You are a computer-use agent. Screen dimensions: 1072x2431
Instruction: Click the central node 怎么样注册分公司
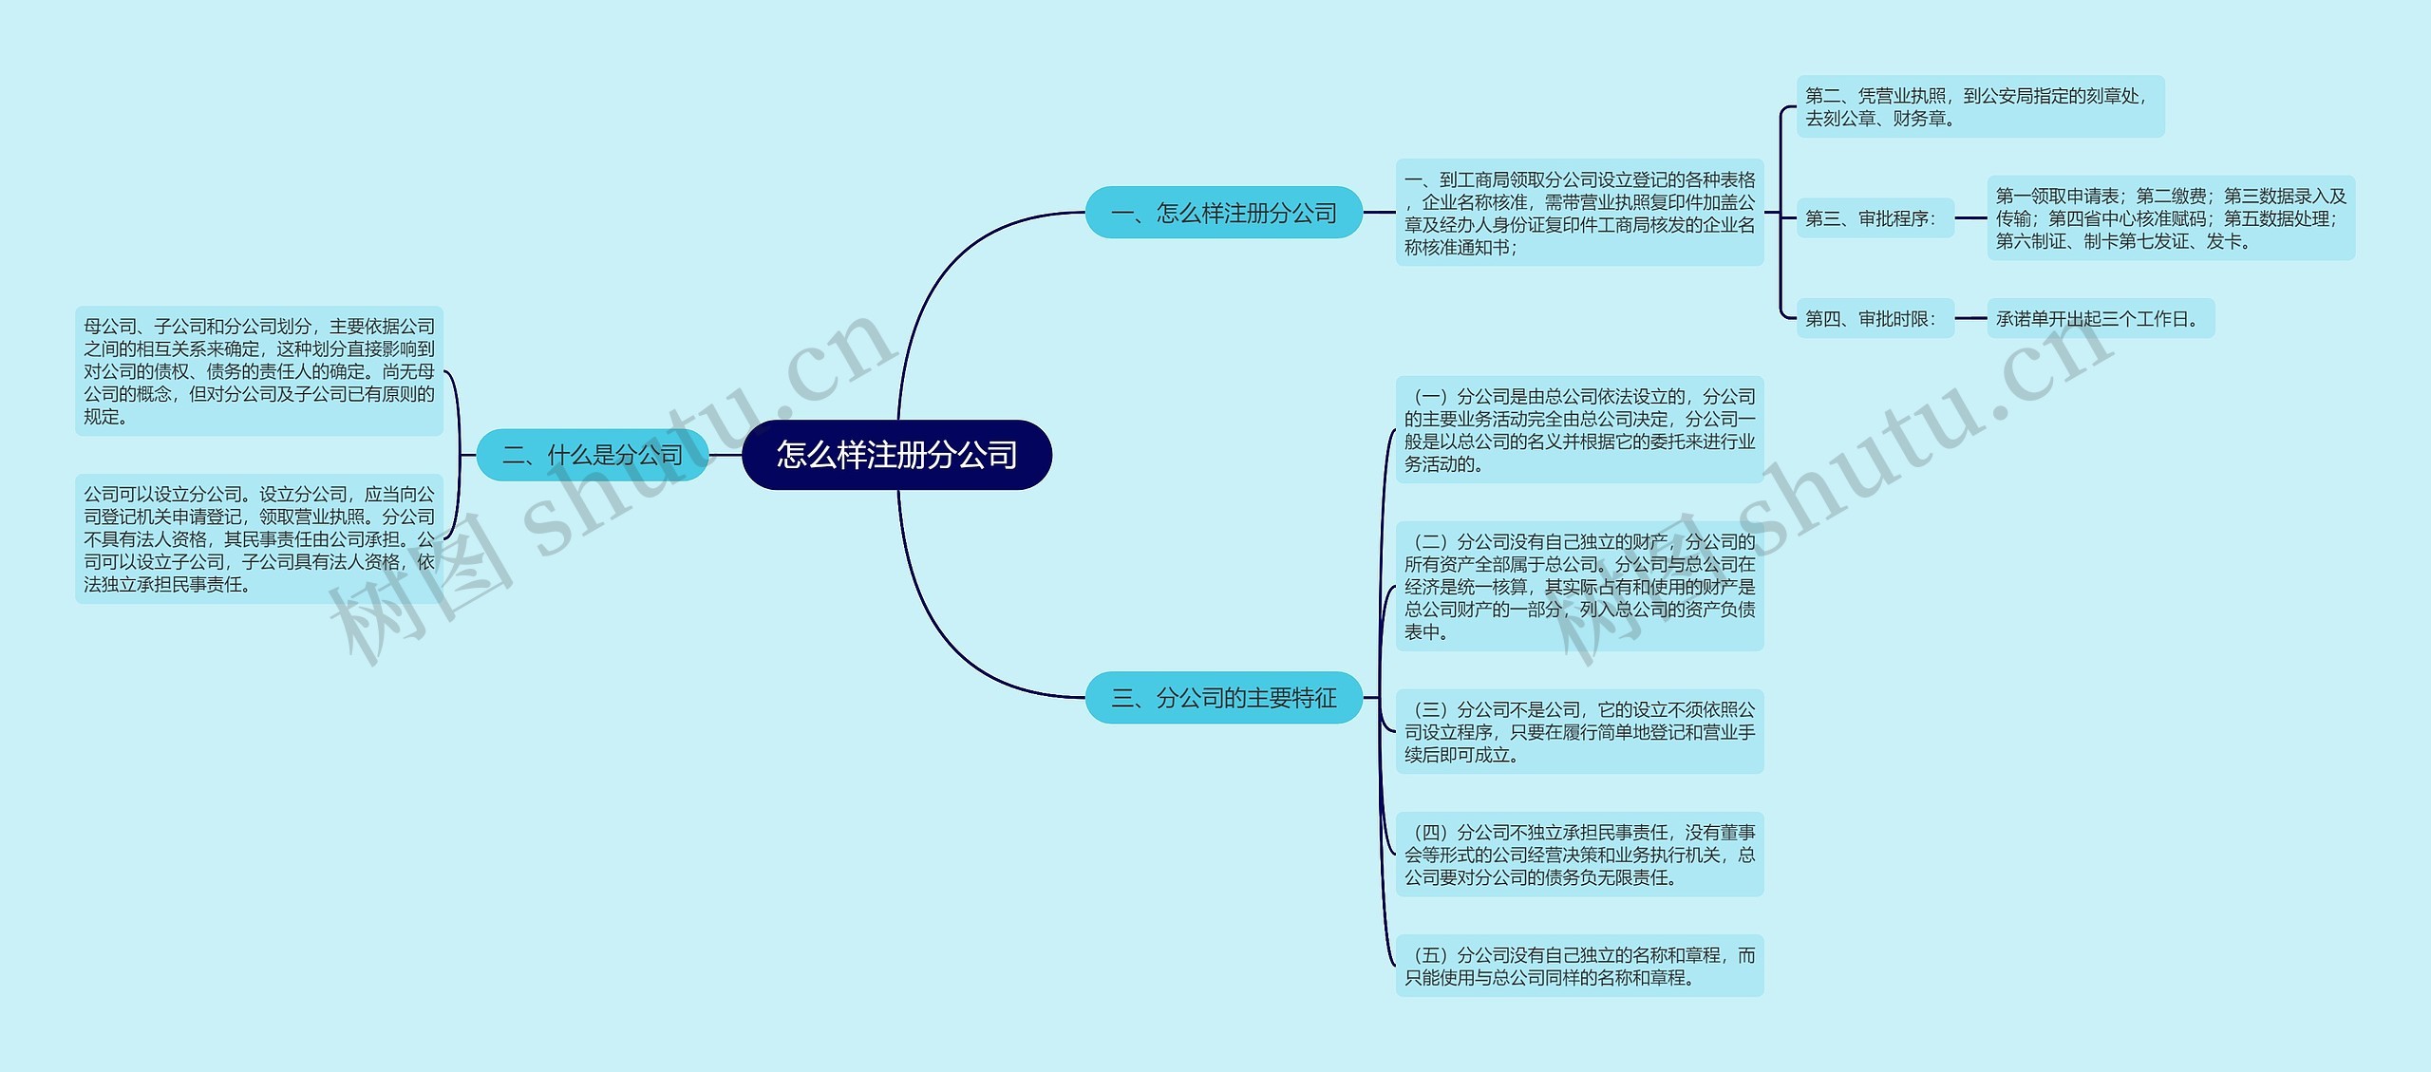click(896, 455)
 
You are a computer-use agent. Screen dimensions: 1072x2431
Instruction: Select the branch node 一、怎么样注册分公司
click(1223, 213)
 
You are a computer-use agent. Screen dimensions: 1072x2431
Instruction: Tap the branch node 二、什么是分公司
click(592, 455)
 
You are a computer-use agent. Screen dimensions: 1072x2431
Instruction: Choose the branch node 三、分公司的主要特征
click(1223, 698)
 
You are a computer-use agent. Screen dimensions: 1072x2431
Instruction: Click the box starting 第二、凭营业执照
click(1979, 106)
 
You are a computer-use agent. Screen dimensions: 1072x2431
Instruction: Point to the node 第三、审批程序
click(1874, 218)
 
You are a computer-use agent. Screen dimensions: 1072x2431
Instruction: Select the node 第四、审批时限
click(1874, 319)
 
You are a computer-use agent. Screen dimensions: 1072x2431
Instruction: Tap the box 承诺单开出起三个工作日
click(2100, 319)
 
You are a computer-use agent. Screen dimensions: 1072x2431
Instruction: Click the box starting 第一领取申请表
click(2170, 218)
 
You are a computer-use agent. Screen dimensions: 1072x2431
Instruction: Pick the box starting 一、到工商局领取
click(1579, 213)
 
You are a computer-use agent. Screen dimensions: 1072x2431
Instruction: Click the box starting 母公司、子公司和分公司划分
click(259, 371)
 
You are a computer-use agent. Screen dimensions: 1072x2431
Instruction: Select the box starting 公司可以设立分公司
click(259, 538)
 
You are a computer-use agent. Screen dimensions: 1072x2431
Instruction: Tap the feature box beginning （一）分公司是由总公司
click(1579, 430)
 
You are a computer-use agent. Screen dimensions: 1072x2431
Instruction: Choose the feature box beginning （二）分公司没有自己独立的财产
click(1579, 586)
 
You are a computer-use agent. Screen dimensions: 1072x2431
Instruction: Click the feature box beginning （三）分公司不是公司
click(1579, 732)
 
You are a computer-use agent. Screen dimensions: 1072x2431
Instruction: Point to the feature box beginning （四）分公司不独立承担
click(1579, 855)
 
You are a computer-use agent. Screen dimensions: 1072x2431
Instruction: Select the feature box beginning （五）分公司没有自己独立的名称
click(1579, 966)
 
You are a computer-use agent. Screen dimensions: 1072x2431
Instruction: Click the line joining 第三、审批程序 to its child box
click(1970, 218)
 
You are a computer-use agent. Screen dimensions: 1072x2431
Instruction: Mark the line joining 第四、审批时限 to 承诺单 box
click(1970, 319)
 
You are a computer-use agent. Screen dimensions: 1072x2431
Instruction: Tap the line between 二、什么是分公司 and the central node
click(726, 455)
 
